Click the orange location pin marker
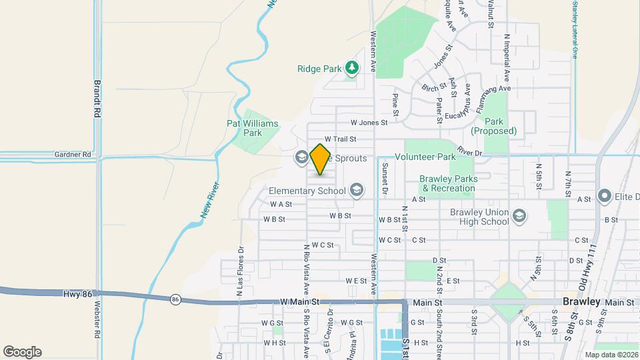coord(321,159)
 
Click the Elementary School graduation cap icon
coord(356,191)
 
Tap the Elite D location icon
coord(605,195)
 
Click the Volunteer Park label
coord(425,157)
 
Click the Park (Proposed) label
coord(493,126)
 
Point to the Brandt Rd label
coord(97,100)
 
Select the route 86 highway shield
coord(175,299)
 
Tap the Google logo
coord(22,352)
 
